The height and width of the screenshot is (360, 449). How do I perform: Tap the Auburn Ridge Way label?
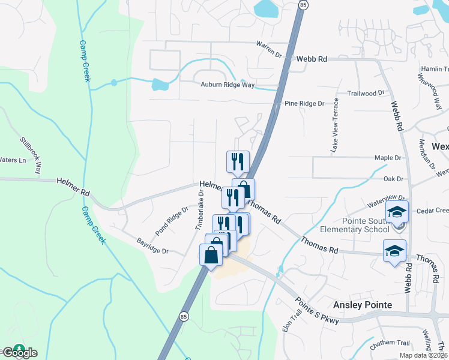[228, 85]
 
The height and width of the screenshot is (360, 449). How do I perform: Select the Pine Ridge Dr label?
[304, 104]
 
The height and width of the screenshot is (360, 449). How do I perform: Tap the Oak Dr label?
[393, 179]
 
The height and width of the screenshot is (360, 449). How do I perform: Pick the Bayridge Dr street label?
[152, 246]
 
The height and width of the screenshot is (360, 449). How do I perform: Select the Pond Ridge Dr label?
[172, 220]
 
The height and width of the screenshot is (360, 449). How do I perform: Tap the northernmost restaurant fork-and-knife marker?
[238, 161]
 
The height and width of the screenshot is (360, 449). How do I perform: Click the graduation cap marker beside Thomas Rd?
[394, 250]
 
